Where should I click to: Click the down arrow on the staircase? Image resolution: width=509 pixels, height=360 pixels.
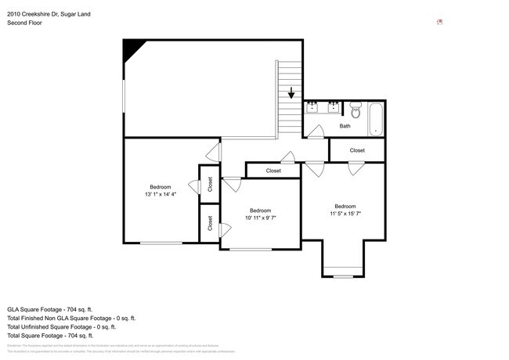pyautogui.click(x=291, y=92)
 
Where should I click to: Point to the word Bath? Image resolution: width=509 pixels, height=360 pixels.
pyautogui.click(x=345, y=126)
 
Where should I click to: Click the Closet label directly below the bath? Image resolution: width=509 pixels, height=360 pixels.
pyautogui.click(x=357, y=149)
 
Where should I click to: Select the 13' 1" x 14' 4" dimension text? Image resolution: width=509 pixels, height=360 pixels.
pyautogui.click(x=161, y=194)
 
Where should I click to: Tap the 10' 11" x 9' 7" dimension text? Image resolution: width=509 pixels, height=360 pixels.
pyautogui.click(x=260, y=218)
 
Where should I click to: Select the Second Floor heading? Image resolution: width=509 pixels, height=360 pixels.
pyautogui.click(x=24, y=23)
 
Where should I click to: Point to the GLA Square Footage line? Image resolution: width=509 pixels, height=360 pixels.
pyautogui.click(x=50, y=309)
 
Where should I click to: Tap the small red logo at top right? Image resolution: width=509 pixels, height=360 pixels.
pyautogui.click(x=439, y=21)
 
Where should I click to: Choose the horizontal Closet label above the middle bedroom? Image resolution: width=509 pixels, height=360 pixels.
pyautogui.click(x=273, y=170)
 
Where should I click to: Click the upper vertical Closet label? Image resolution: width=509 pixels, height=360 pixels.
pyautogui.click(x=211, y=184)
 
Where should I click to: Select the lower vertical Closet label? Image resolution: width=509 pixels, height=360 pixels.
pyautogui.click(x=211, y=223)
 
